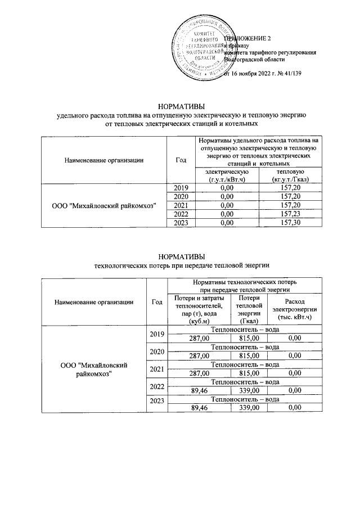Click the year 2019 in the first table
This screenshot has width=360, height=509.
(x=181, y=187)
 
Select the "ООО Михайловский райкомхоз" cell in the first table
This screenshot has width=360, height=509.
(x=103, y=205)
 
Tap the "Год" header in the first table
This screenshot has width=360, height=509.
(x=181, y=160)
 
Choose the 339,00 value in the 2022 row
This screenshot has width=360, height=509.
(x=248, y=390)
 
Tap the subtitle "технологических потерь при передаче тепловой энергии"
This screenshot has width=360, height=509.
(x=179, y=265)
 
